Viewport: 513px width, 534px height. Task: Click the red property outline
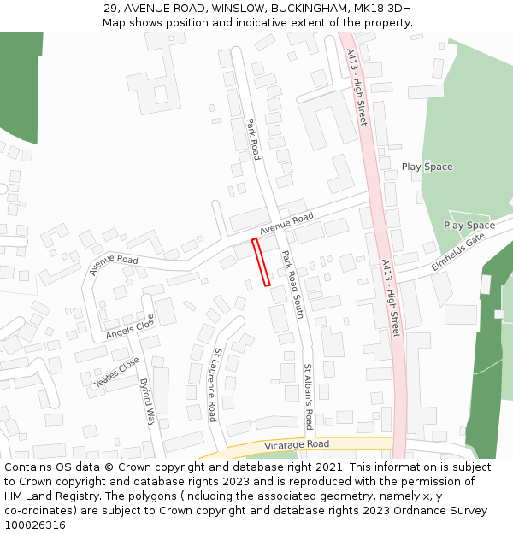click(261, 261)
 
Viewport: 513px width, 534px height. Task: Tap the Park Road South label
click(292, 285)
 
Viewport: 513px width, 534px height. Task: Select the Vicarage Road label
click(296, 444)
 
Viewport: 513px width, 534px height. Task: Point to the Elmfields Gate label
click(457, 253)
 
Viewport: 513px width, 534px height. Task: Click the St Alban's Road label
click(308, 396)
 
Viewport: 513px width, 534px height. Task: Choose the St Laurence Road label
click(215, 384)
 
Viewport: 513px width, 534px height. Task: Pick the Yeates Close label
click(117, 372)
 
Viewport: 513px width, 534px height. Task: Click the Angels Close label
click(130, 326)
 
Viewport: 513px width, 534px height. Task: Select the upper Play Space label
click(427, 167)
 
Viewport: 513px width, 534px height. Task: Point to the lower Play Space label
click(469, 226)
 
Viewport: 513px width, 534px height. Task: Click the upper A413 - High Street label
click(357, 86)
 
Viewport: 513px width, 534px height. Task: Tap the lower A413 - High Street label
click(390, 297)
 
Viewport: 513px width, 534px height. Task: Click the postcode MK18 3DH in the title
click(374, 8)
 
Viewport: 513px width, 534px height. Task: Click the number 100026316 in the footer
click(36, 525)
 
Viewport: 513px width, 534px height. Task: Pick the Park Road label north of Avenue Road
click(252, 138)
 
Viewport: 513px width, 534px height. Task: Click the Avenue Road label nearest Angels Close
click(113, 265)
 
